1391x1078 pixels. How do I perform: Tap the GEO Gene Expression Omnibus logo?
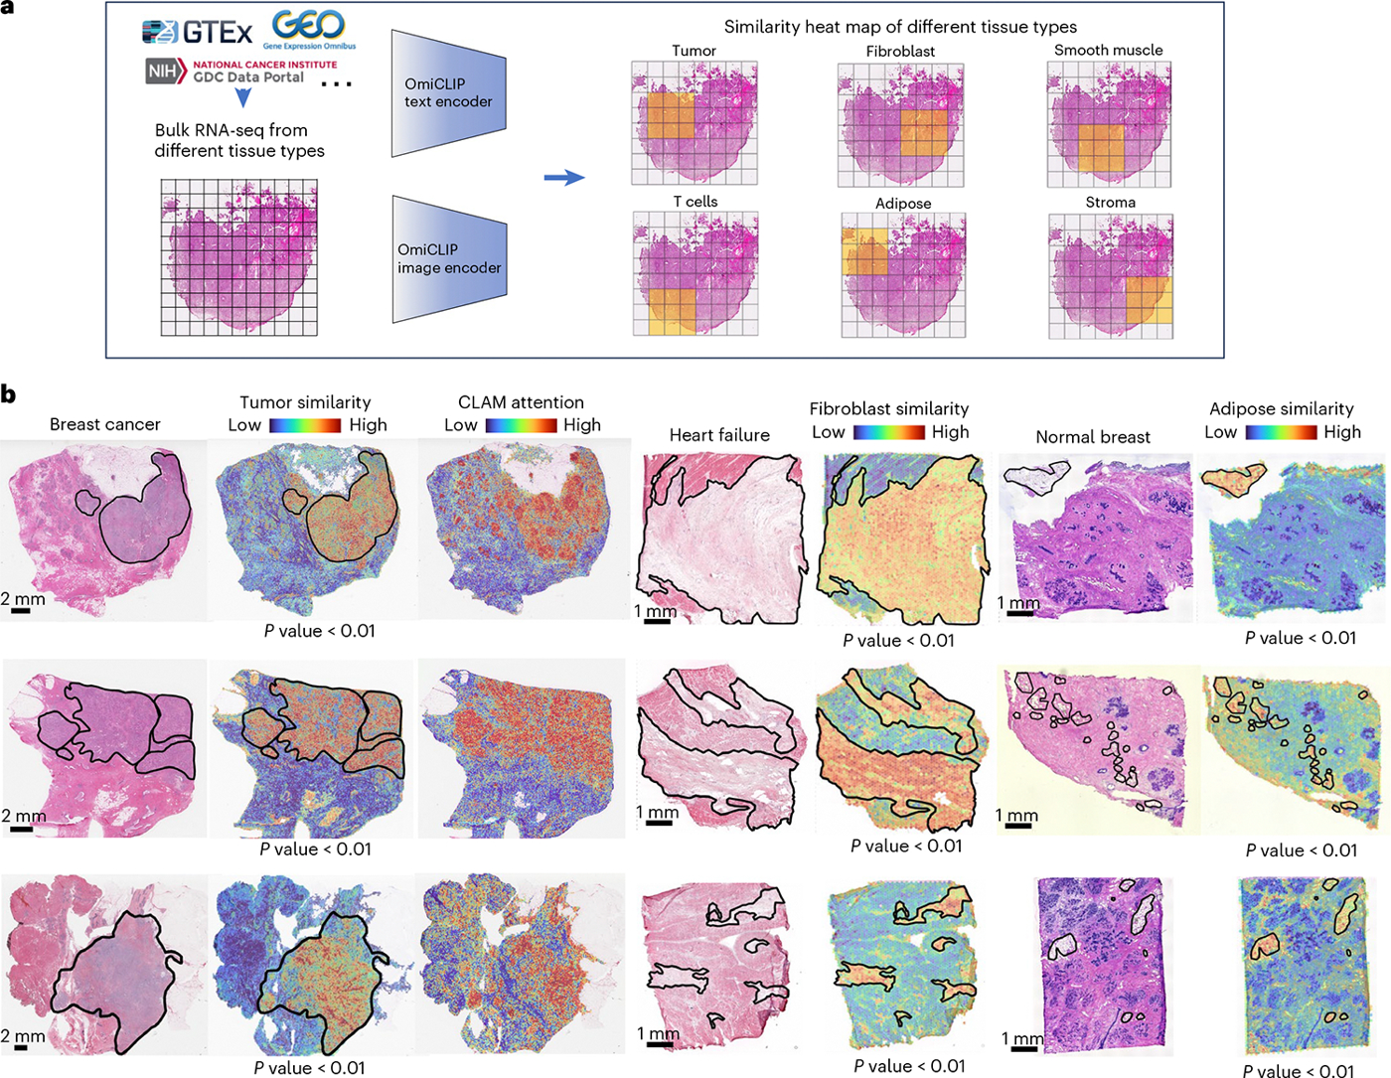[x=309, y=30]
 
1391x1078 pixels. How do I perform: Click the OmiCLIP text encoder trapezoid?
[x=449, y=92]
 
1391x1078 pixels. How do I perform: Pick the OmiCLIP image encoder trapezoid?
[x=449, y=258]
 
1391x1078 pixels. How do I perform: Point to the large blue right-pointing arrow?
[x=564, y=177]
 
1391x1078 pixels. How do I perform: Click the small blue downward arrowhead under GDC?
[x=242, y=97]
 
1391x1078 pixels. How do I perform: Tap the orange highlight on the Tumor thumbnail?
[x=671, y=116]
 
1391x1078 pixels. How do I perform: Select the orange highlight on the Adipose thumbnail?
[x=864, y=251]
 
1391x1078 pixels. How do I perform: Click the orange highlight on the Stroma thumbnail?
[x=1149, y=300]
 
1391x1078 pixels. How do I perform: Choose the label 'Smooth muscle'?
[x=1108, y=50]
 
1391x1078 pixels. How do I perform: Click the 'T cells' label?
[x=695, y=202]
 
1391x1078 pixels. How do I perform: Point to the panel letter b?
[x=8, y=394]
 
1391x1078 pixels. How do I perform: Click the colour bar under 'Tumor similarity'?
[x=305, y=425]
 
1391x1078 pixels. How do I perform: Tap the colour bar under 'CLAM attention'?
[x=521, y=425]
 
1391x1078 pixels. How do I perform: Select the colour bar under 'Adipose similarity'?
[x=1281, y=432]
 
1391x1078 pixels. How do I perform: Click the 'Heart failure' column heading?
[x=719, y=435]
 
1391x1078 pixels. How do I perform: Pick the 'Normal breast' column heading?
[x=1093, y=437]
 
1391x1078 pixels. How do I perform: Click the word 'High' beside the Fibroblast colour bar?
[x=950, y=432]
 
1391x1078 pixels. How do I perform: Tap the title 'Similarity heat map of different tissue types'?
[x=900, y=27]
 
